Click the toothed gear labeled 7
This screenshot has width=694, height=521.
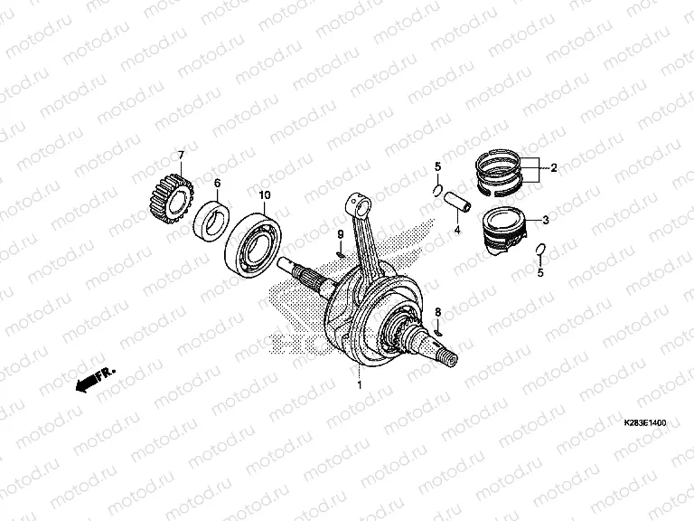point(171,198)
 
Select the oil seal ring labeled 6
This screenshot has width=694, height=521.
point(211,222)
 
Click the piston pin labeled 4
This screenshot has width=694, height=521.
point(457,202)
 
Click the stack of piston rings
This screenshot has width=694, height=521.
point(499,173)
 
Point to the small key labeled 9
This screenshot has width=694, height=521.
point(341,254)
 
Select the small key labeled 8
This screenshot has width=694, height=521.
point(438,332)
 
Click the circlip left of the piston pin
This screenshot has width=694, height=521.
point(436,190)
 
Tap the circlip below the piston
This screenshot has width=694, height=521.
point(540,250)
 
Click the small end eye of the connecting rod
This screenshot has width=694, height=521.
point(359,204)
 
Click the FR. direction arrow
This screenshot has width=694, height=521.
point(96,379)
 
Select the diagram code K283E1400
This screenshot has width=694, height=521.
point(645,423)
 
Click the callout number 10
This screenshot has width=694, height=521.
point(265,195)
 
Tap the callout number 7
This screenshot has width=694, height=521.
point(181,155)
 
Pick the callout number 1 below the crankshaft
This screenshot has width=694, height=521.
point(360,385)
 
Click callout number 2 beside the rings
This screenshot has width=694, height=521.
point(553,168)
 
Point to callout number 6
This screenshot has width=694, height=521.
point(217,183)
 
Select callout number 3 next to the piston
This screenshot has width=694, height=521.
point(546,220)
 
